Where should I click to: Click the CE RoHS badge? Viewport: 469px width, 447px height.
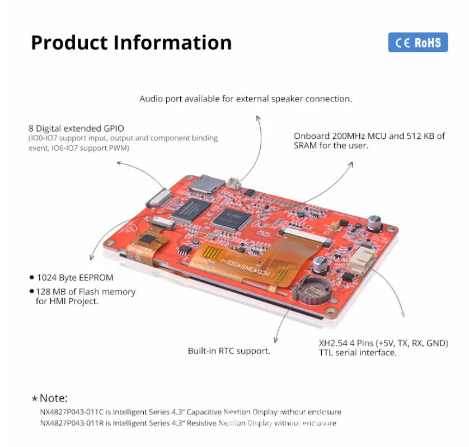[x=418, y=43]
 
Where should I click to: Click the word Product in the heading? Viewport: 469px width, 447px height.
[x=68, y=43]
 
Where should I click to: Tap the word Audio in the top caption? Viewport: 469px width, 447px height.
[x=151, y=99]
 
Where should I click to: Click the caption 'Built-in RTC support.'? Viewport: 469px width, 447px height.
[x=229, y=351]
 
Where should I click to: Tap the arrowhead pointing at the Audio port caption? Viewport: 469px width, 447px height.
[x=258, y=118]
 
